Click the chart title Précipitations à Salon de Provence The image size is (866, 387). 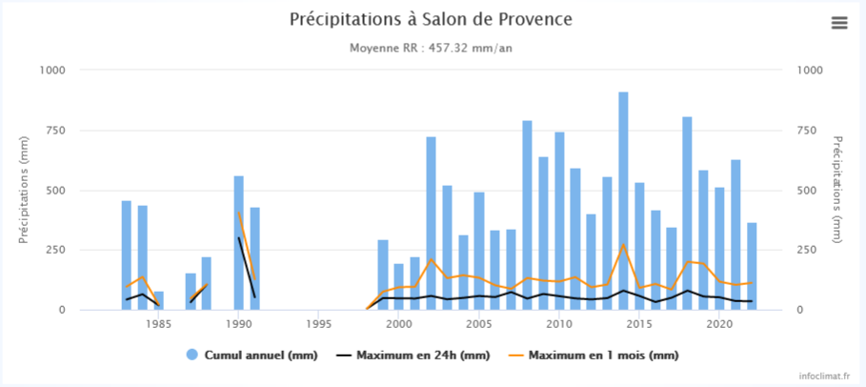432,19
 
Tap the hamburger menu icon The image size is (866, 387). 839,23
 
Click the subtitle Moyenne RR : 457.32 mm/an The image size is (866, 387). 433,48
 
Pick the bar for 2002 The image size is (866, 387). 431,223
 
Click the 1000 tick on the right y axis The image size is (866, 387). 810,70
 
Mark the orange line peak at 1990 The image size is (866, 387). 239,212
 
